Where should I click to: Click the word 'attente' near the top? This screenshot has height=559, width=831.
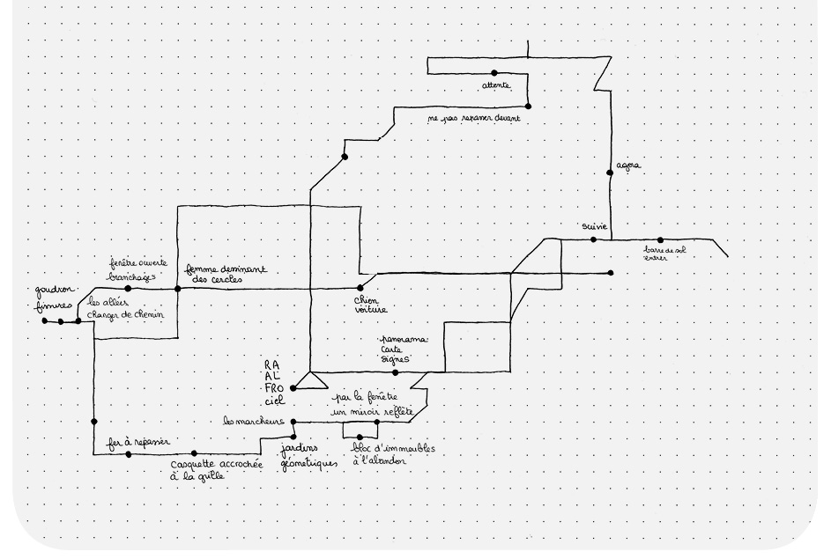496,85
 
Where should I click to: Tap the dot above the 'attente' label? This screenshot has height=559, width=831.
494,73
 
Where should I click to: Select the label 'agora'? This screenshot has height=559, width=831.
628,165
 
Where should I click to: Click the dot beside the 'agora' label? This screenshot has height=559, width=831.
611,173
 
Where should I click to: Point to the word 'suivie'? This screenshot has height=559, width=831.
595,226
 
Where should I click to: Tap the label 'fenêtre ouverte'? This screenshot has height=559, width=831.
138,263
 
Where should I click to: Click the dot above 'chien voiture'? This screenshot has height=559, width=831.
360,288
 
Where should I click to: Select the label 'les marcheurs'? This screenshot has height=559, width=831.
256,422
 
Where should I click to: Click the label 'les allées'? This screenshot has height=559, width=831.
107,302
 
